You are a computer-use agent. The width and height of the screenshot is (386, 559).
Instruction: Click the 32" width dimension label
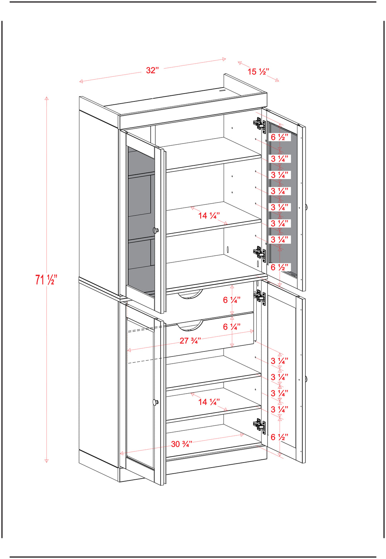152,70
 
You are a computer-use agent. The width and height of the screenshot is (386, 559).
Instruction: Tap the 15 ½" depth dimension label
258,72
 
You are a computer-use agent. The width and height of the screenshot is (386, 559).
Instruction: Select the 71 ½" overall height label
46,279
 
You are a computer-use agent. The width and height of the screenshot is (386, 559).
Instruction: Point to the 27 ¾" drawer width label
190,341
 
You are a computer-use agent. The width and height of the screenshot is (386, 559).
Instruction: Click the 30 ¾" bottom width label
182,444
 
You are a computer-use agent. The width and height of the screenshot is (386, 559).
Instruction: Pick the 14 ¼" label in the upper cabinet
209,216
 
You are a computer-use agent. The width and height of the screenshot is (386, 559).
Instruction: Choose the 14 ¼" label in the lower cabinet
209,402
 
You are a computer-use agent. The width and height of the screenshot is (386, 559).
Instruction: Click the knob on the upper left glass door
155,230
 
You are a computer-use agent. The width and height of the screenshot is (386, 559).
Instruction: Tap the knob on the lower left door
155,403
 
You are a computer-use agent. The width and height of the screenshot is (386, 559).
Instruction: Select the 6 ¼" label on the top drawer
232,300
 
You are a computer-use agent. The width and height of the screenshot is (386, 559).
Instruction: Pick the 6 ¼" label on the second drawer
232,327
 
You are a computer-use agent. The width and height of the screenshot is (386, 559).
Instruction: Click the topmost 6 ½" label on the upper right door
279,137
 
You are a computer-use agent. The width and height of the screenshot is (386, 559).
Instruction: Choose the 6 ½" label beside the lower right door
279,437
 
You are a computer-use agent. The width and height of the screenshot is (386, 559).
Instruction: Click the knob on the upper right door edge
306,207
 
